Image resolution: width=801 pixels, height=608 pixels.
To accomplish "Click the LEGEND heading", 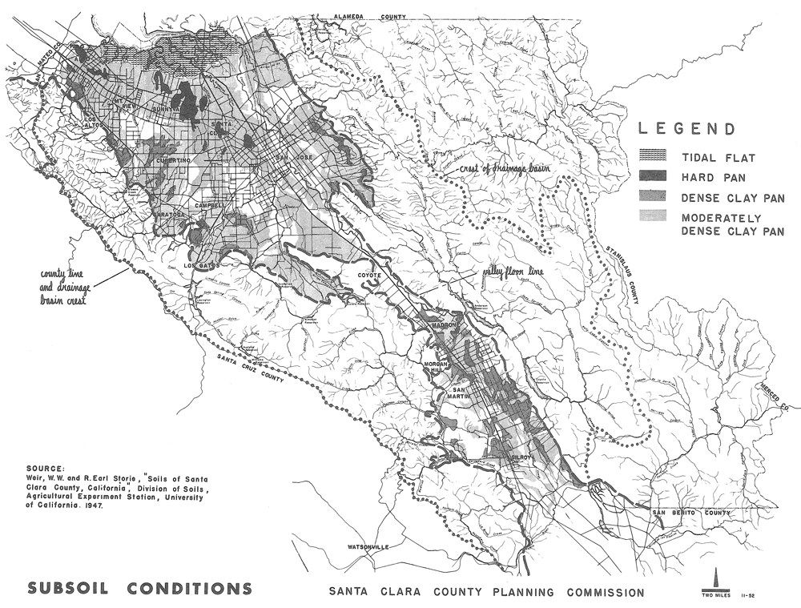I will tap(686, 129).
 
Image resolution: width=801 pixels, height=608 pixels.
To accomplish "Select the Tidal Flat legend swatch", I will tap(655, 158).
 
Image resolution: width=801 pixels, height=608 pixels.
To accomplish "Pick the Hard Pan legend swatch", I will tap(655, 177).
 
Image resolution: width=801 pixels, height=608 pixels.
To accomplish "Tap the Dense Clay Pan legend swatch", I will tap(655, 197).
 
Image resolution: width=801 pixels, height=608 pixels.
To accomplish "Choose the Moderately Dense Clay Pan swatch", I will tap(655, 216).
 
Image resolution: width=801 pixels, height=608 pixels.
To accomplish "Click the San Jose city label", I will tap(292, 157).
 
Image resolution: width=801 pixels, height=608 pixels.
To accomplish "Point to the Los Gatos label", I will tap(203, 265).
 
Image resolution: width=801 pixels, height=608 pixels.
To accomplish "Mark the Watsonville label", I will tap(368, 547).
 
